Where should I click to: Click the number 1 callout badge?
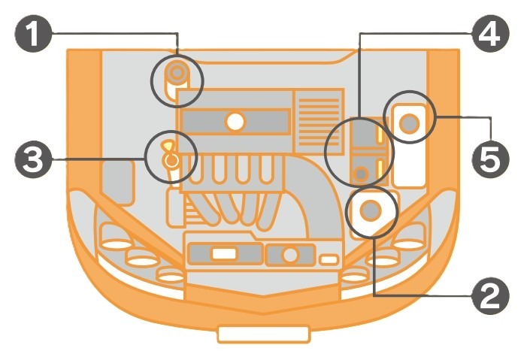pyautogui.click(x=33, y=33)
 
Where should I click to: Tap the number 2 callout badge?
pyautogui.click(x=490, y=296)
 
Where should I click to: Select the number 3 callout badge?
pyautogui.click(x=33, y=159)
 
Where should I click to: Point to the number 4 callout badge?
pyautogui.click(x=490, y=33)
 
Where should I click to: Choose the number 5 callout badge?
pyautogui.click(x=490, y=159)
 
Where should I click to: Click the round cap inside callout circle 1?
pyautogui.click(x=177, y=72)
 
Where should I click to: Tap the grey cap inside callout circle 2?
pyautogui.click(x=371, y=210)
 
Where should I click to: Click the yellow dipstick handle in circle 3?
pyautogui.click(x=168, y=145)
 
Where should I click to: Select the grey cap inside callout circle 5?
pyautogui.click(x=409, y=123)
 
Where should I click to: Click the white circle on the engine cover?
pyautogui.click(x=235, y=122)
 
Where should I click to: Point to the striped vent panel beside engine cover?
pyautogui.click(x=319, y=121)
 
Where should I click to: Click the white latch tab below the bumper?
pyautogui.click(x=263, y=334)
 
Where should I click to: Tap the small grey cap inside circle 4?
pyautogui.click(x=362, y=174)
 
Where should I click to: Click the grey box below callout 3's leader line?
pyautogui.click(x=117, y=182)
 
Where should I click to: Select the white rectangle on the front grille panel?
pyautogui.click(x=225, y=254)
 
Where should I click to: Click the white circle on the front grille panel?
pyautogui.click(x=289, y=255)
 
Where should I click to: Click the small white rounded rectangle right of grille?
pyautogui.click(x=329, y=259)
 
